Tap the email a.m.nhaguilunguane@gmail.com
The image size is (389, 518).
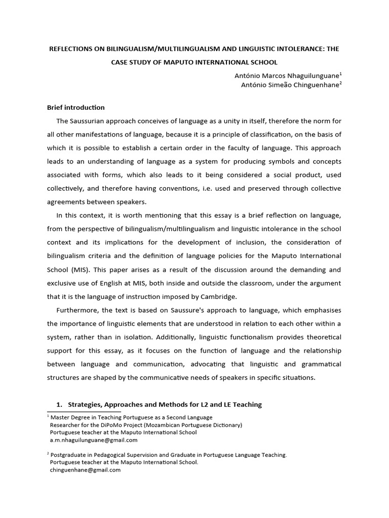coord(94,440)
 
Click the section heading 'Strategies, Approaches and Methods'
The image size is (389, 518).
coord(165,404)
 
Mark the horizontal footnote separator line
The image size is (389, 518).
coord(84,412)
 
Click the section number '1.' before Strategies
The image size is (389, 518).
coord(58,404)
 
